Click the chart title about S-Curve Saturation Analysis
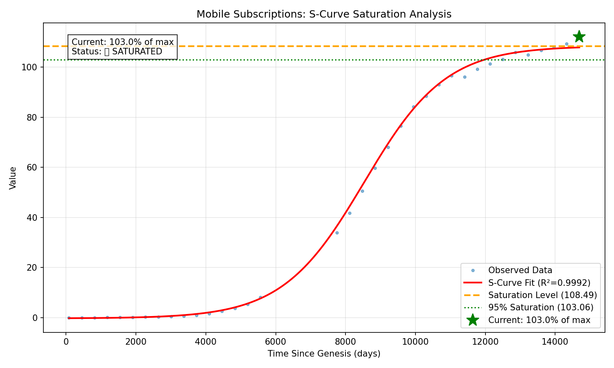pos(324,14)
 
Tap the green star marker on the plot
pos(579,36)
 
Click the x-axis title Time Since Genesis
pos(324,354)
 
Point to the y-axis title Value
pos(13,178)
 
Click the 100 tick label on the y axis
pos(31,67)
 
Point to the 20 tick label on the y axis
pos(33,268)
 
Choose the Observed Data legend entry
pos(520,270)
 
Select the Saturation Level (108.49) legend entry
pos(542,295)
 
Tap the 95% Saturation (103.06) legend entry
pos(541,307)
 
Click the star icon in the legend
pos(473,320)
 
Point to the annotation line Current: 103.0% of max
pos(122,42)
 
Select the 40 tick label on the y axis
pos(33,218)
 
